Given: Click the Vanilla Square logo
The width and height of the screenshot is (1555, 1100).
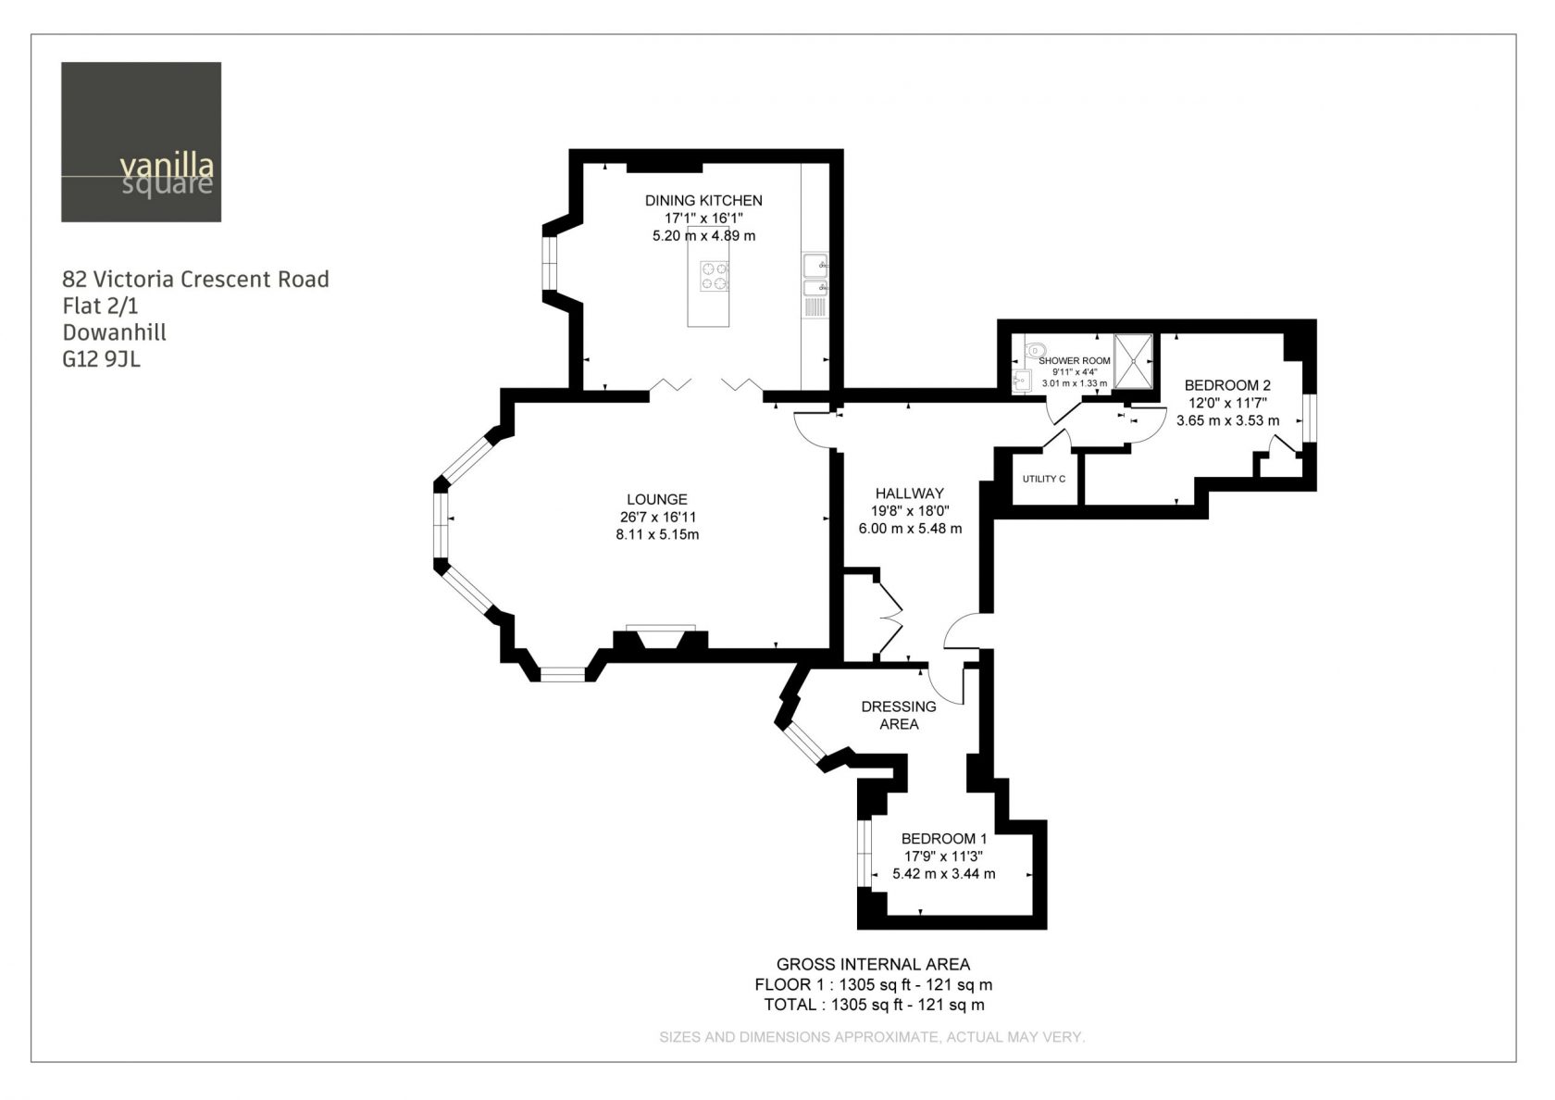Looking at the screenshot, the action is point(141,143).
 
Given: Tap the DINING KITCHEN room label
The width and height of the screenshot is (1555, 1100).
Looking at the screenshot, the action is point(703,201).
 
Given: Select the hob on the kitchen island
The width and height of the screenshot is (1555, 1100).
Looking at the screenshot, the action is point(715,276).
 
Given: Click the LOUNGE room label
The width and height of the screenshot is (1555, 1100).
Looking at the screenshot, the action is point(657,499).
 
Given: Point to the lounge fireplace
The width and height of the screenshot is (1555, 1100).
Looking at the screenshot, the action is point(660,637).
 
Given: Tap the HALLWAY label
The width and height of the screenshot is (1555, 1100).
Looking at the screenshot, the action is point(909,494).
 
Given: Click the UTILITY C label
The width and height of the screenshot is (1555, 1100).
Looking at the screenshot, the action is point(1043,480).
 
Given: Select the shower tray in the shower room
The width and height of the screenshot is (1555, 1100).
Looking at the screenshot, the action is point(1133,361).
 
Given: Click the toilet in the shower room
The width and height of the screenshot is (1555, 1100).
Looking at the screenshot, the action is point(1035,348).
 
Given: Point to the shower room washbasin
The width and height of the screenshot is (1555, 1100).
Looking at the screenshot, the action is point(1021,381).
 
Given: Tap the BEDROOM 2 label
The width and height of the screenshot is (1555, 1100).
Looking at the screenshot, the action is point(1227,385).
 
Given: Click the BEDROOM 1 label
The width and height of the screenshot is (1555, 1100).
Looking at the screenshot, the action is point(944,839).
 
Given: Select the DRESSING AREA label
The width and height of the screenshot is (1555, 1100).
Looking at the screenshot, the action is point(899,715).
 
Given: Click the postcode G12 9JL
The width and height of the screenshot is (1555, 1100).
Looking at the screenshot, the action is point(102,359).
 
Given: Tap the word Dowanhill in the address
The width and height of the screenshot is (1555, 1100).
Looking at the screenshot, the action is point(115,332).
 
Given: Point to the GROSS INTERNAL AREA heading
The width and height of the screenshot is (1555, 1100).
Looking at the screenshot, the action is point(874,965).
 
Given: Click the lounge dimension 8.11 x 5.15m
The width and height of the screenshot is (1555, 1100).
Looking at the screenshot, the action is point(657,535).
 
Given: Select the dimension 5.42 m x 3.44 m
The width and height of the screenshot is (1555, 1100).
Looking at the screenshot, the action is point(944,874).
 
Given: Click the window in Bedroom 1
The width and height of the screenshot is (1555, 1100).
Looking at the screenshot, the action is point(865,854).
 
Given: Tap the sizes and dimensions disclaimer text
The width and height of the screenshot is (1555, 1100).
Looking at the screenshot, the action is point(872,1037).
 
